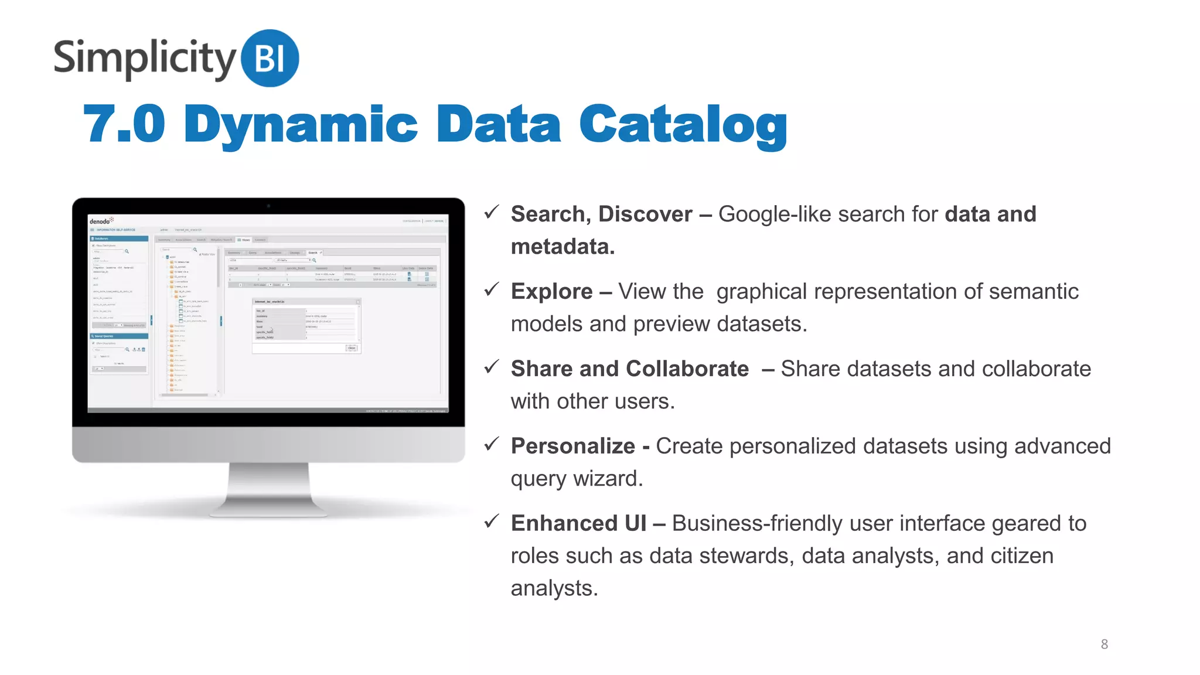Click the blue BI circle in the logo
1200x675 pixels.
[x=270, y=58]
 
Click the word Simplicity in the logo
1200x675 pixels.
[x=144, y=59]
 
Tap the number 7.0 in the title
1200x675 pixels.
[x=124, y=124]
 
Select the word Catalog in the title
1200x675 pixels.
[x=683, y=125]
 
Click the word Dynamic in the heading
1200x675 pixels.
[x=301, y=125]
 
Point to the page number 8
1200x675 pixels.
[x=1104, y=644]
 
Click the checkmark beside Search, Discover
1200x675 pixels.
[x=492, y=212]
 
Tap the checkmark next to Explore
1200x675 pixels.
[x=492, y=289]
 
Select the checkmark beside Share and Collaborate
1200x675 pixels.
[x=492, y=367]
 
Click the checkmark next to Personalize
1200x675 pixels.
[x=492, y=444]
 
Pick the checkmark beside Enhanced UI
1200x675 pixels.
[x=492, y=521]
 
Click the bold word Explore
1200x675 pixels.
[x=551, y=291]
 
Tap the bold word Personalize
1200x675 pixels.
[x=572, y=446]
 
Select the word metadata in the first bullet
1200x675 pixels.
[x=561, y=247]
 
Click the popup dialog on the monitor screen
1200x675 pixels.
[x=306, y=325]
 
